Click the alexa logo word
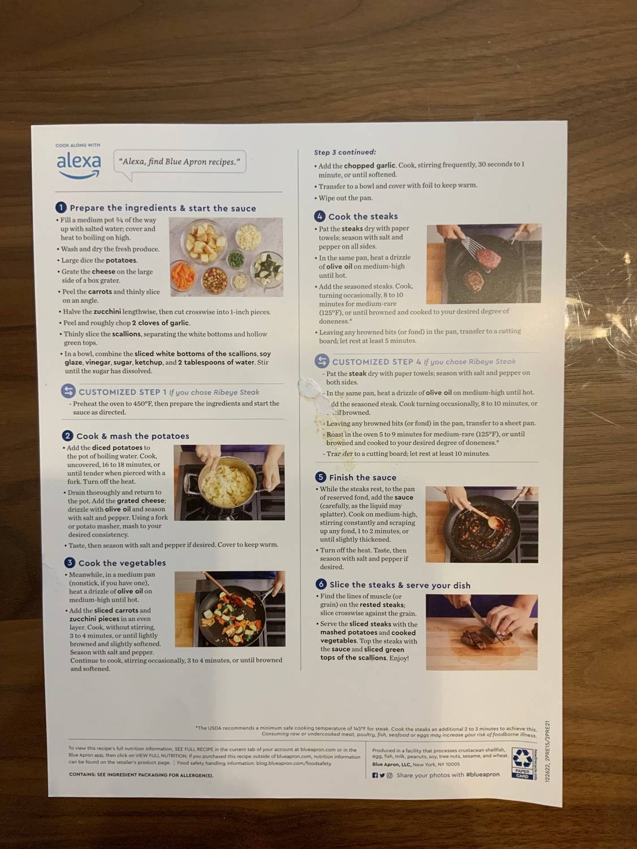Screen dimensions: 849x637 [79, 162]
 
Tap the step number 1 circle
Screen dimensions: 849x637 [61, 208]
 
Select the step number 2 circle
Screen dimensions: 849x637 [68, 435]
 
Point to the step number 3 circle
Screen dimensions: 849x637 [70, 563]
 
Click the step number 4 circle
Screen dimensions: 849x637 [320, 216]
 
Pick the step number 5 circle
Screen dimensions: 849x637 [320, 477]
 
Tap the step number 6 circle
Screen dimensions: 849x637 [321, 584]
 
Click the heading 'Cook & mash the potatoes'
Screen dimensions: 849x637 [132, 436]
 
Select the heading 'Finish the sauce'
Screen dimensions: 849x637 [362, 478]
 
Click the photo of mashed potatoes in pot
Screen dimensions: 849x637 [229, 482]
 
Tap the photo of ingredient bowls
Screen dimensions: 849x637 [226, 256]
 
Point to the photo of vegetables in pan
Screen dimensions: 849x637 [229, 608]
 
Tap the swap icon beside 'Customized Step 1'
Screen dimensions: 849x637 [68, 391]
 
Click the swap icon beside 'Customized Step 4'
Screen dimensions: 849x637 [322, 361]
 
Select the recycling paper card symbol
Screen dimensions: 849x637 [522, 762]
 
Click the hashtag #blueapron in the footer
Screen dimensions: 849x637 [482, 775]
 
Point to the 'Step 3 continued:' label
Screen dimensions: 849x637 [345, 152]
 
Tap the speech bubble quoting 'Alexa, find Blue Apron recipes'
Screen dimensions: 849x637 [179, 162]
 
